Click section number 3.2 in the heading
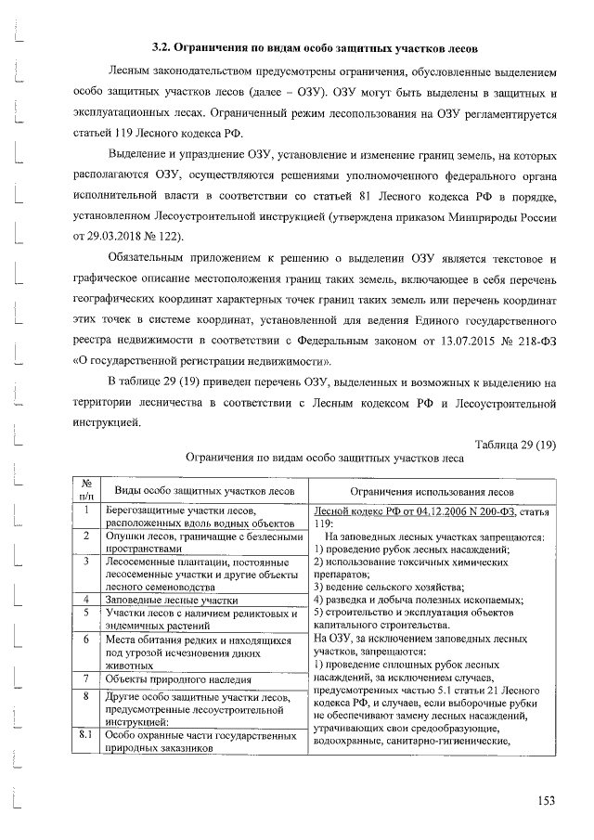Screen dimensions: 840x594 click(x=161, y=47)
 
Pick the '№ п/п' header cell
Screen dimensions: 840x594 click(x=84, y=490)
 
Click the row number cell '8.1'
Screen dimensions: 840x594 click(x=84, y=735)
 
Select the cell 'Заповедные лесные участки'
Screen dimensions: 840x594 click(x=173, y=601)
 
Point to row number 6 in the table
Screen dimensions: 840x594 click(x=84, y=640)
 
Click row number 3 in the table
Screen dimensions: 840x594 click(x=84, y=561)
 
